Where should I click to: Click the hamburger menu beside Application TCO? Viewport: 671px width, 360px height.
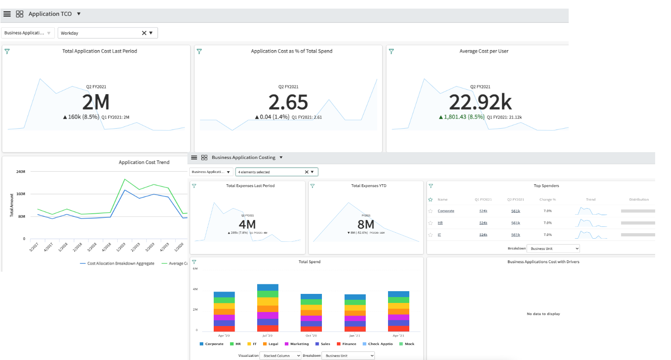pyautogui.click(x=7, y=14)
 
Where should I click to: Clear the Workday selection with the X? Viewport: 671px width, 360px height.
pyautogui.click(x=144, y=33)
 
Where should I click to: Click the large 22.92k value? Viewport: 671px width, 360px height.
pyautogui.click(x=480, y=103)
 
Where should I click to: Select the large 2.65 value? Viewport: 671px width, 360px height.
pyautogui.click(x=288, y=103)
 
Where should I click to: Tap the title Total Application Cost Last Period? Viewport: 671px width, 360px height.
pyautogui.click(x=100, y=51)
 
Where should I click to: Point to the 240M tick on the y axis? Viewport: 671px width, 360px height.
pyautogui.click(x=21, y=172)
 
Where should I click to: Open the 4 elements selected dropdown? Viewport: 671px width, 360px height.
pyautogui.click(x=312, y=172)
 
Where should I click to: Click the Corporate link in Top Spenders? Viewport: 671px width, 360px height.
pyautogui.click(x=446, y=211)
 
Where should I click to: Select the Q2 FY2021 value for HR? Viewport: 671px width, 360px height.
pyautogui.click(x=515, y=223)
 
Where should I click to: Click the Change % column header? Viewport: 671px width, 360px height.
pyautogui.click(x=547, y=199)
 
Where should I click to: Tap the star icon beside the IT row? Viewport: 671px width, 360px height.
pyautogui.click(x=430, y=235)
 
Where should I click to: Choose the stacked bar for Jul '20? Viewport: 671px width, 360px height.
pyautogui.click(x=268, y=308)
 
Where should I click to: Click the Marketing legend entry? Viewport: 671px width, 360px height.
pyautogui.click(x=297, y=344)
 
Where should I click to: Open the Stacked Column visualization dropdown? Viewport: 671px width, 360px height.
pyautogui.click(x=280, y=356)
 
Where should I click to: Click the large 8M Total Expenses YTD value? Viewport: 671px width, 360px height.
pyautogui.click(x=365, y=225)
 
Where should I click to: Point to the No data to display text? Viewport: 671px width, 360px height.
pyautogui.click(x=543, y=314)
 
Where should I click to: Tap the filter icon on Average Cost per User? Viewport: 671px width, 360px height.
pyautogui.click(x=391, y=52)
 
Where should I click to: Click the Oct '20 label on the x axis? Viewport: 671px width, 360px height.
pyautogui.click(x=311, y=336)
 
